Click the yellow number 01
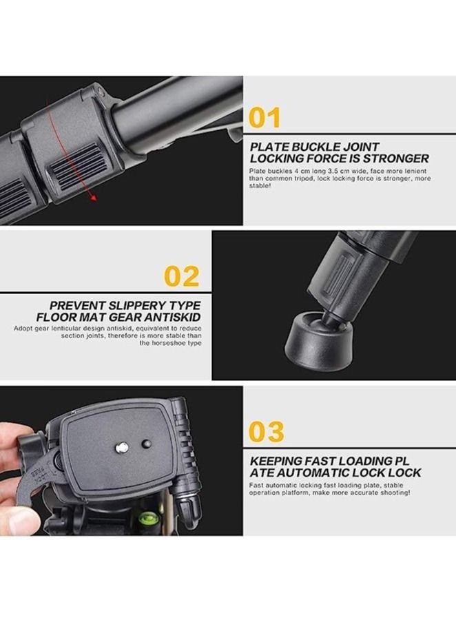[265, 118]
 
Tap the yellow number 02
[182, 276]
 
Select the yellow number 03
[266, 433]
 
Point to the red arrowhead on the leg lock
[92, 199]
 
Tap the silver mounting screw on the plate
[122, 448]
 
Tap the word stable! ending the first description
[261, 186]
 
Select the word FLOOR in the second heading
[70, 316]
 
